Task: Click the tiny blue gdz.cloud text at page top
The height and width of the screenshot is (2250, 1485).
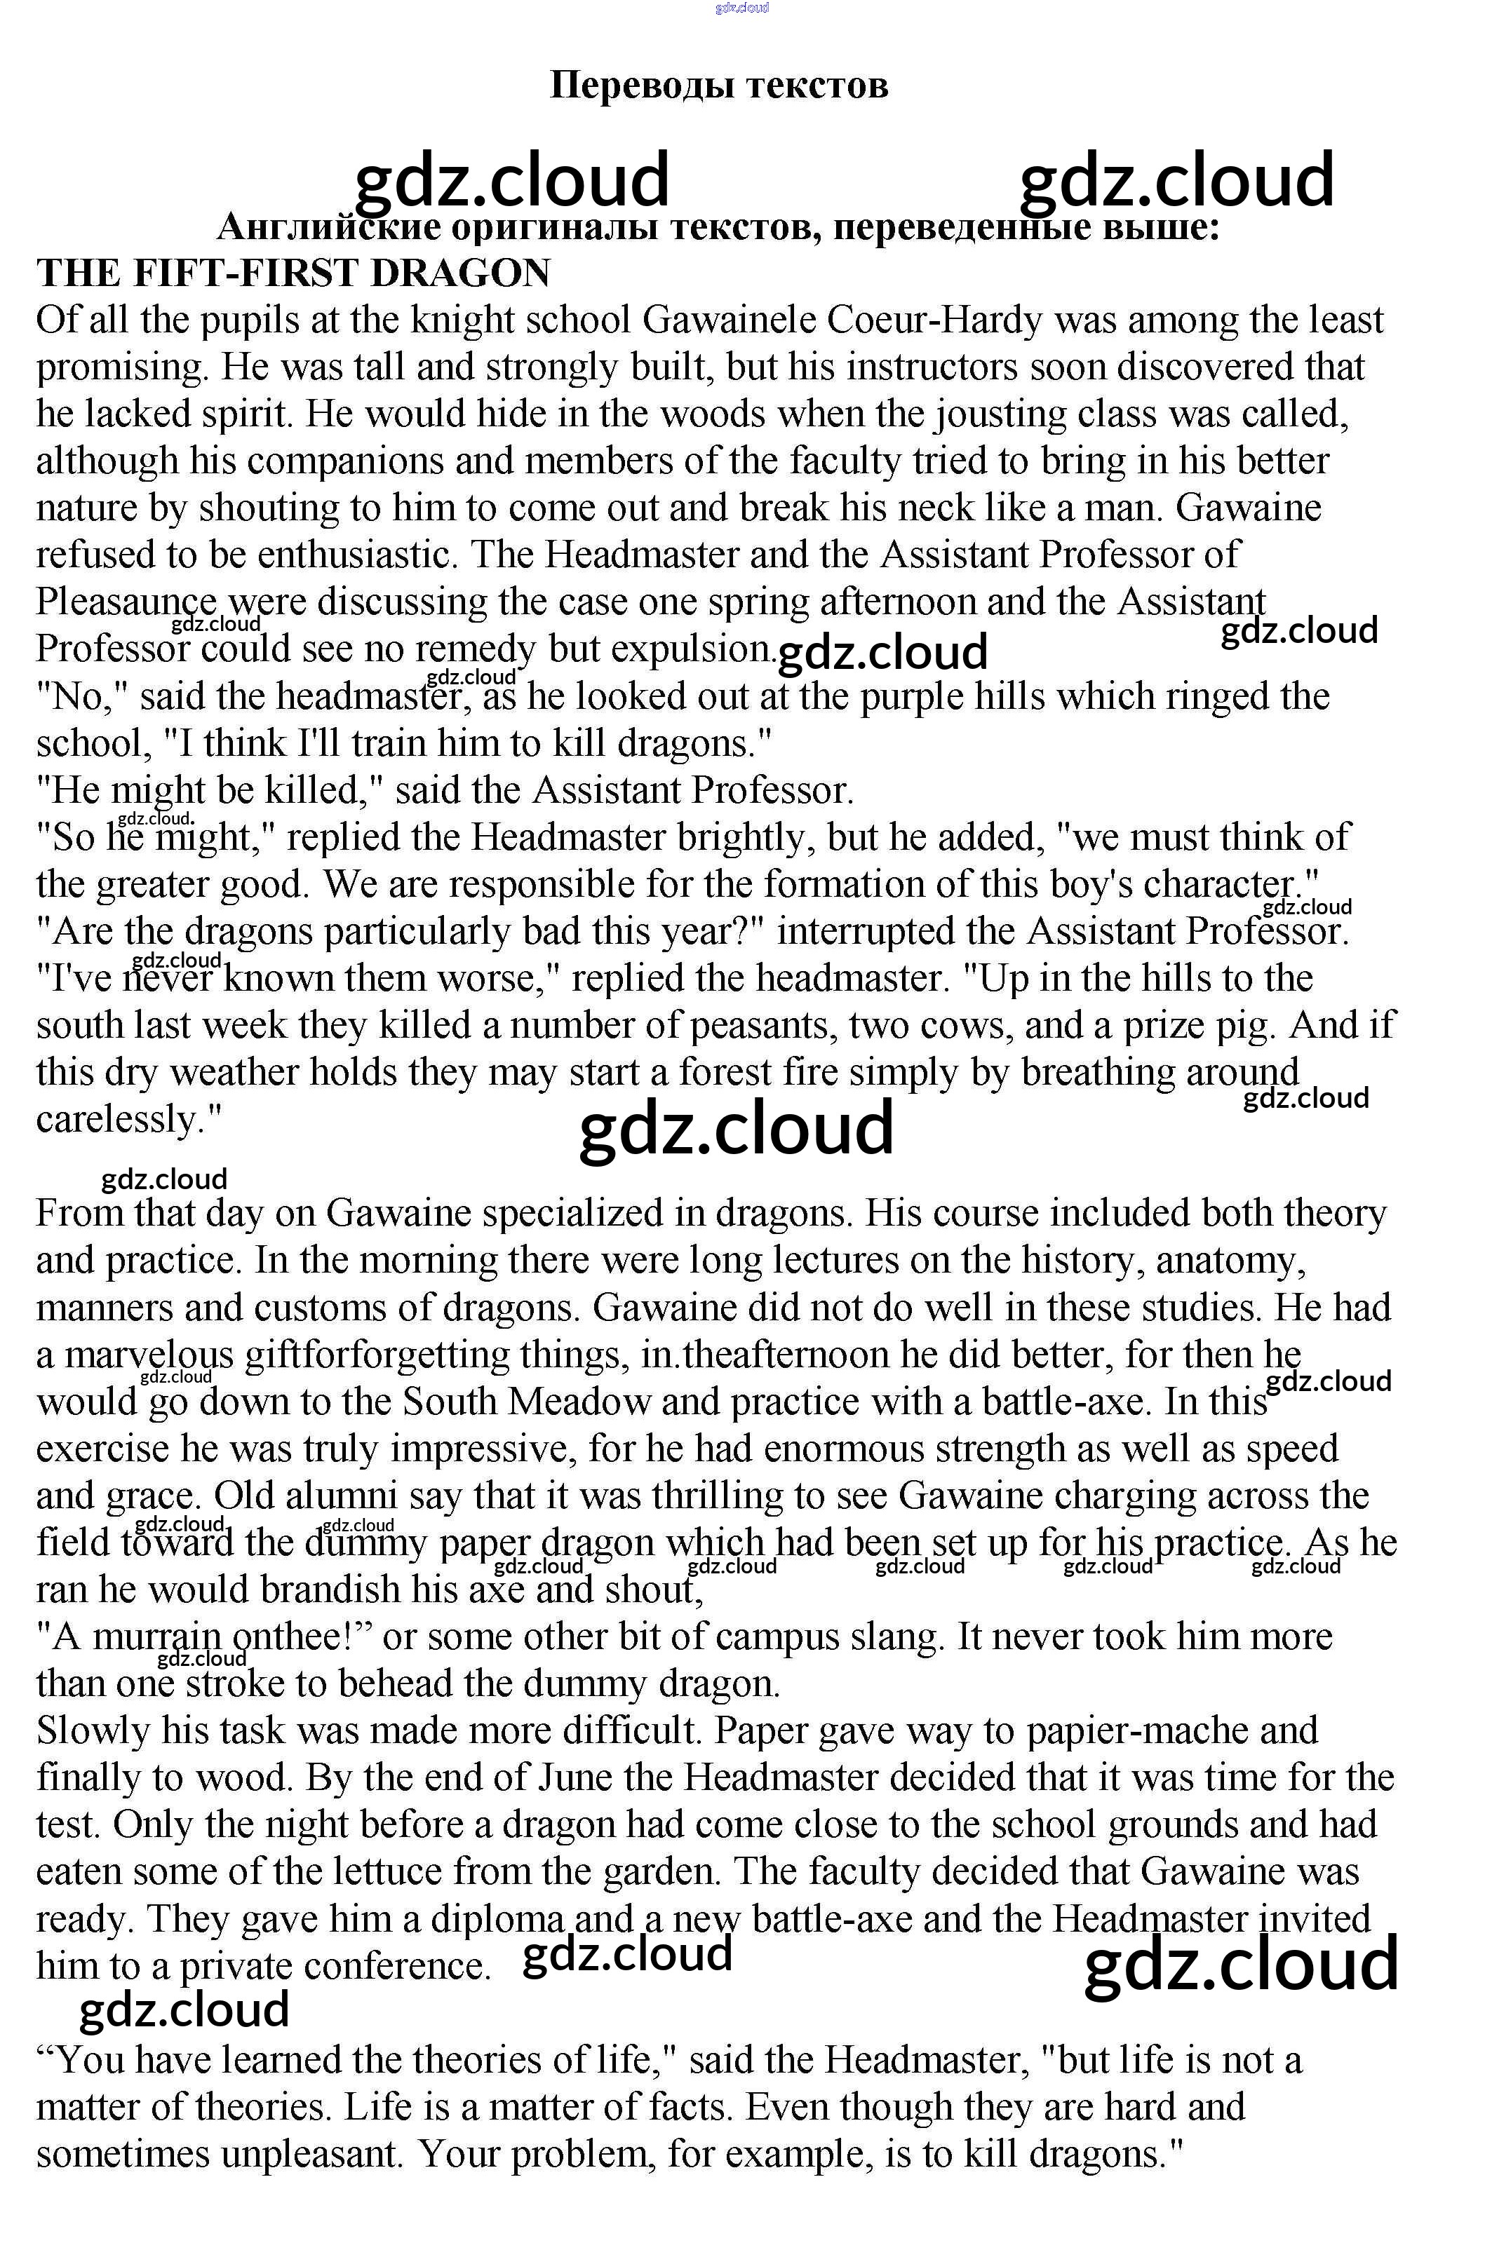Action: [x=741, y=8]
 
